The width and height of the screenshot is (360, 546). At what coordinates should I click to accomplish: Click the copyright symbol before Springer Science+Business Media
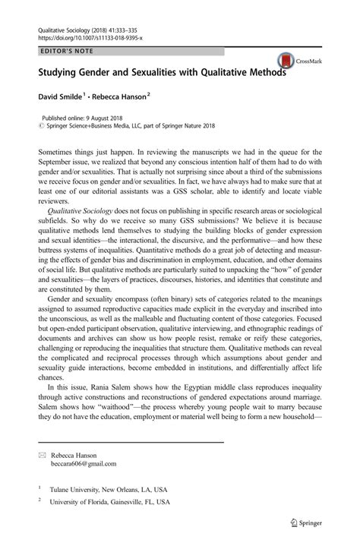pos(40,127)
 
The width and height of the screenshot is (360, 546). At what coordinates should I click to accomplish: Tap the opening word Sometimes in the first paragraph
pos(58,153)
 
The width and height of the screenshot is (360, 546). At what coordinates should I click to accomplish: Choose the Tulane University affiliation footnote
pos(109,491)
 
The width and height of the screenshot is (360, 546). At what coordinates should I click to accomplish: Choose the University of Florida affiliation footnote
pos(109,502)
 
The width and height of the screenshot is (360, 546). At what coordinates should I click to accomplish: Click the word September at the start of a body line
pos(59,163)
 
